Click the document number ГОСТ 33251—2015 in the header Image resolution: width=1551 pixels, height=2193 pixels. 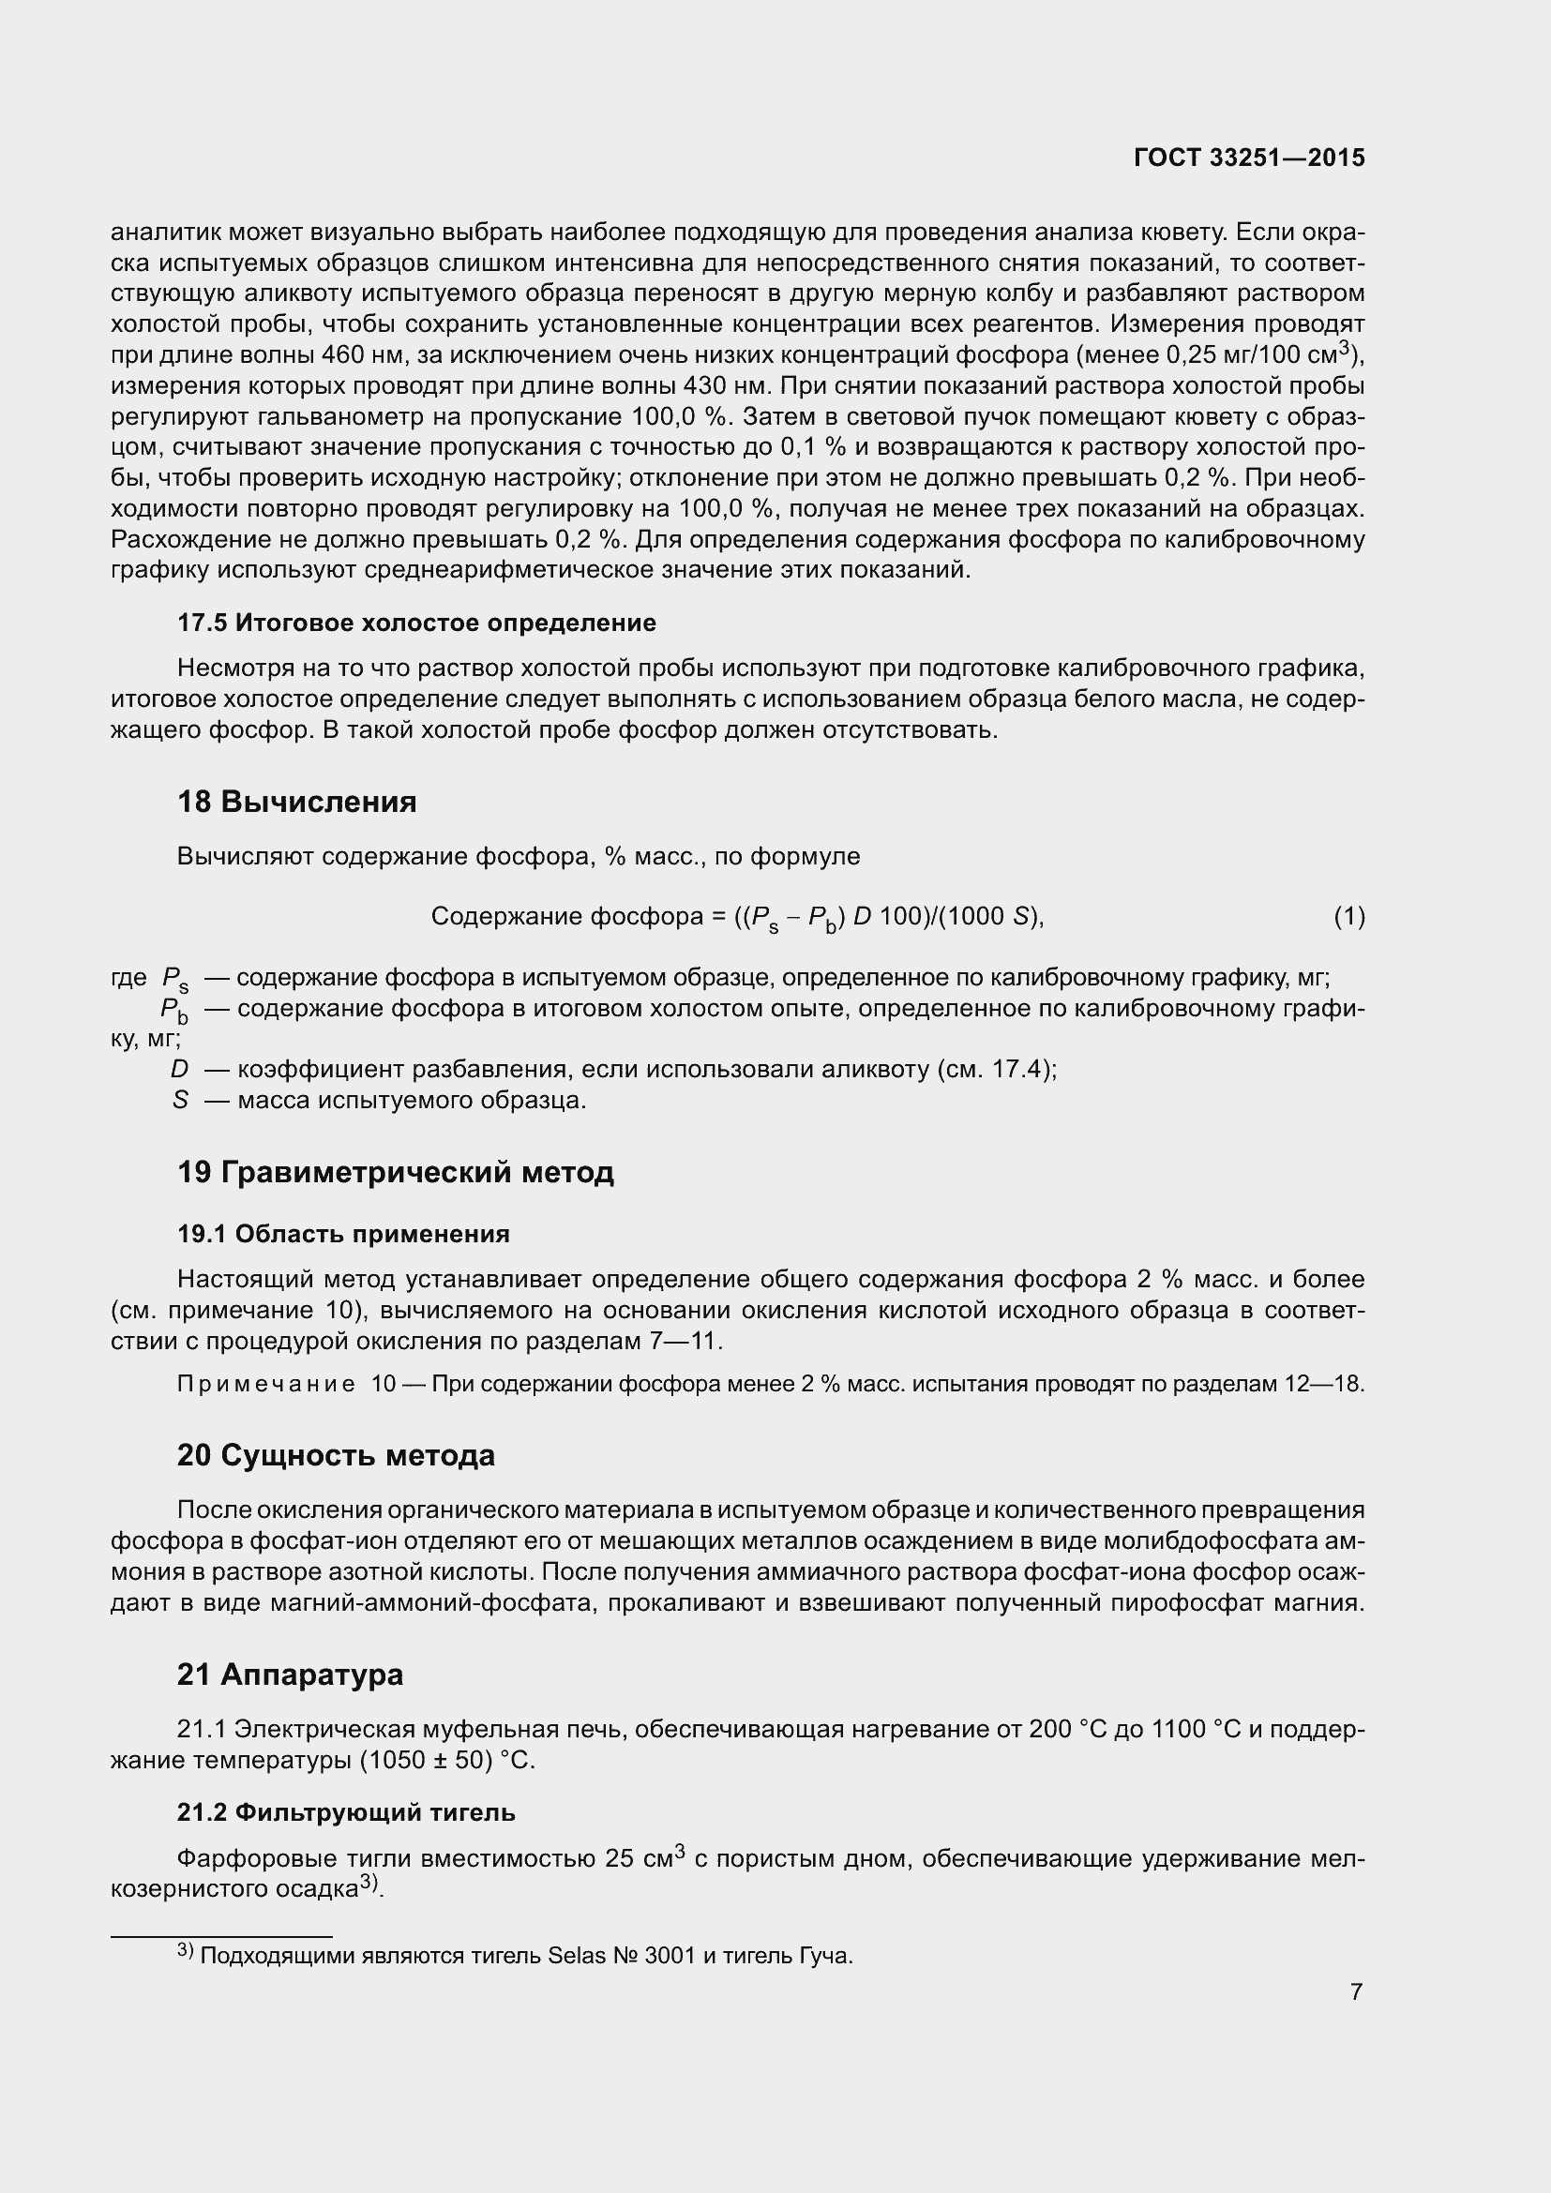click(1248, 158)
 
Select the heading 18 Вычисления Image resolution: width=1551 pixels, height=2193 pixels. click(296, 802)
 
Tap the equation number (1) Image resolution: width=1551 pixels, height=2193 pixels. click(1348, 917)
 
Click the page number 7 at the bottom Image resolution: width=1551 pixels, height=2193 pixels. click(1356, 1991)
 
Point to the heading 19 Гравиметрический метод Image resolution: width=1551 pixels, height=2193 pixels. click(395, 1172)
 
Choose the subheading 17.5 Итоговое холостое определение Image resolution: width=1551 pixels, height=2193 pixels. click(416, 623)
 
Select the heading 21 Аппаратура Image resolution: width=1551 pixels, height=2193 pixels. click(290, 1675)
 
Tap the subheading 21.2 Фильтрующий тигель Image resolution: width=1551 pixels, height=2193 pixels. click(346, 1812)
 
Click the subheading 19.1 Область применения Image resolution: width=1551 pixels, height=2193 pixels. click(343, 1234)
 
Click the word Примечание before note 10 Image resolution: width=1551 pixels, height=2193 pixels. click(266, 1384)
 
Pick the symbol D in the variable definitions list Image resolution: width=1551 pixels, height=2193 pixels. click(179, 1069)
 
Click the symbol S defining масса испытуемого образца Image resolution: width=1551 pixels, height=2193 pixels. click(179, 1100)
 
